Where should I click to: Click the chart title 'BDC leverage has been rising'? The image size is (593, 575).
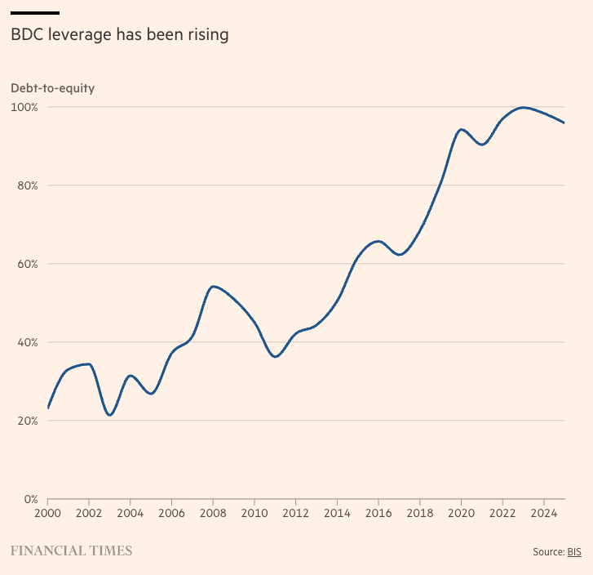point(119,35)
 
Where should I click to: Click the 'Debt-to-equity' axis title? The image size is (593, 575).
point(52,88)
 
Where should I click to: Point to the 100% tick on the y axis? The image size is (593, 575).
point(24,107)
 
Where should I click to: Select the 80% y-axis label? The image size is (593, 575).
point(26,185)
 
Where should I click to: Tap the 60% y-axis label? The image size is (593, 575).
point(26,264)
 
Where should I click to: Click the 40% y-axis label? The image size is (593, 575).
point(26,342)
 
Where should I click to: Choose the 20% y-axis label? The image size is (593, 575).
point(26,421)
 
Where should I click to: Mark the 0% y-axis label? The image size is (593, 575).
point(29,499)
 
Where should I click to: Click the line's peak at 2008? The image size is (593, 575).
point(213,287)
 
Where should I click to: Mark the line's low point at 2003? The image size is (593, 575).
point(109,415)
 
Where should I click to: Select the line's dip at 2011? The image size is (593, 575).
point(275,357)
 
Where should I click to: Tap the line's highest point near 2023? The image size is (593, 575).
point(523,107)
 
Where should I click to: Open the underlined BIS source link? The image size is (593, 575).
point(574,552)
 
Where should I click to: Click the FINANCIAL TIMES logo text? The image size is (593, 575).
point(71,551)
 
